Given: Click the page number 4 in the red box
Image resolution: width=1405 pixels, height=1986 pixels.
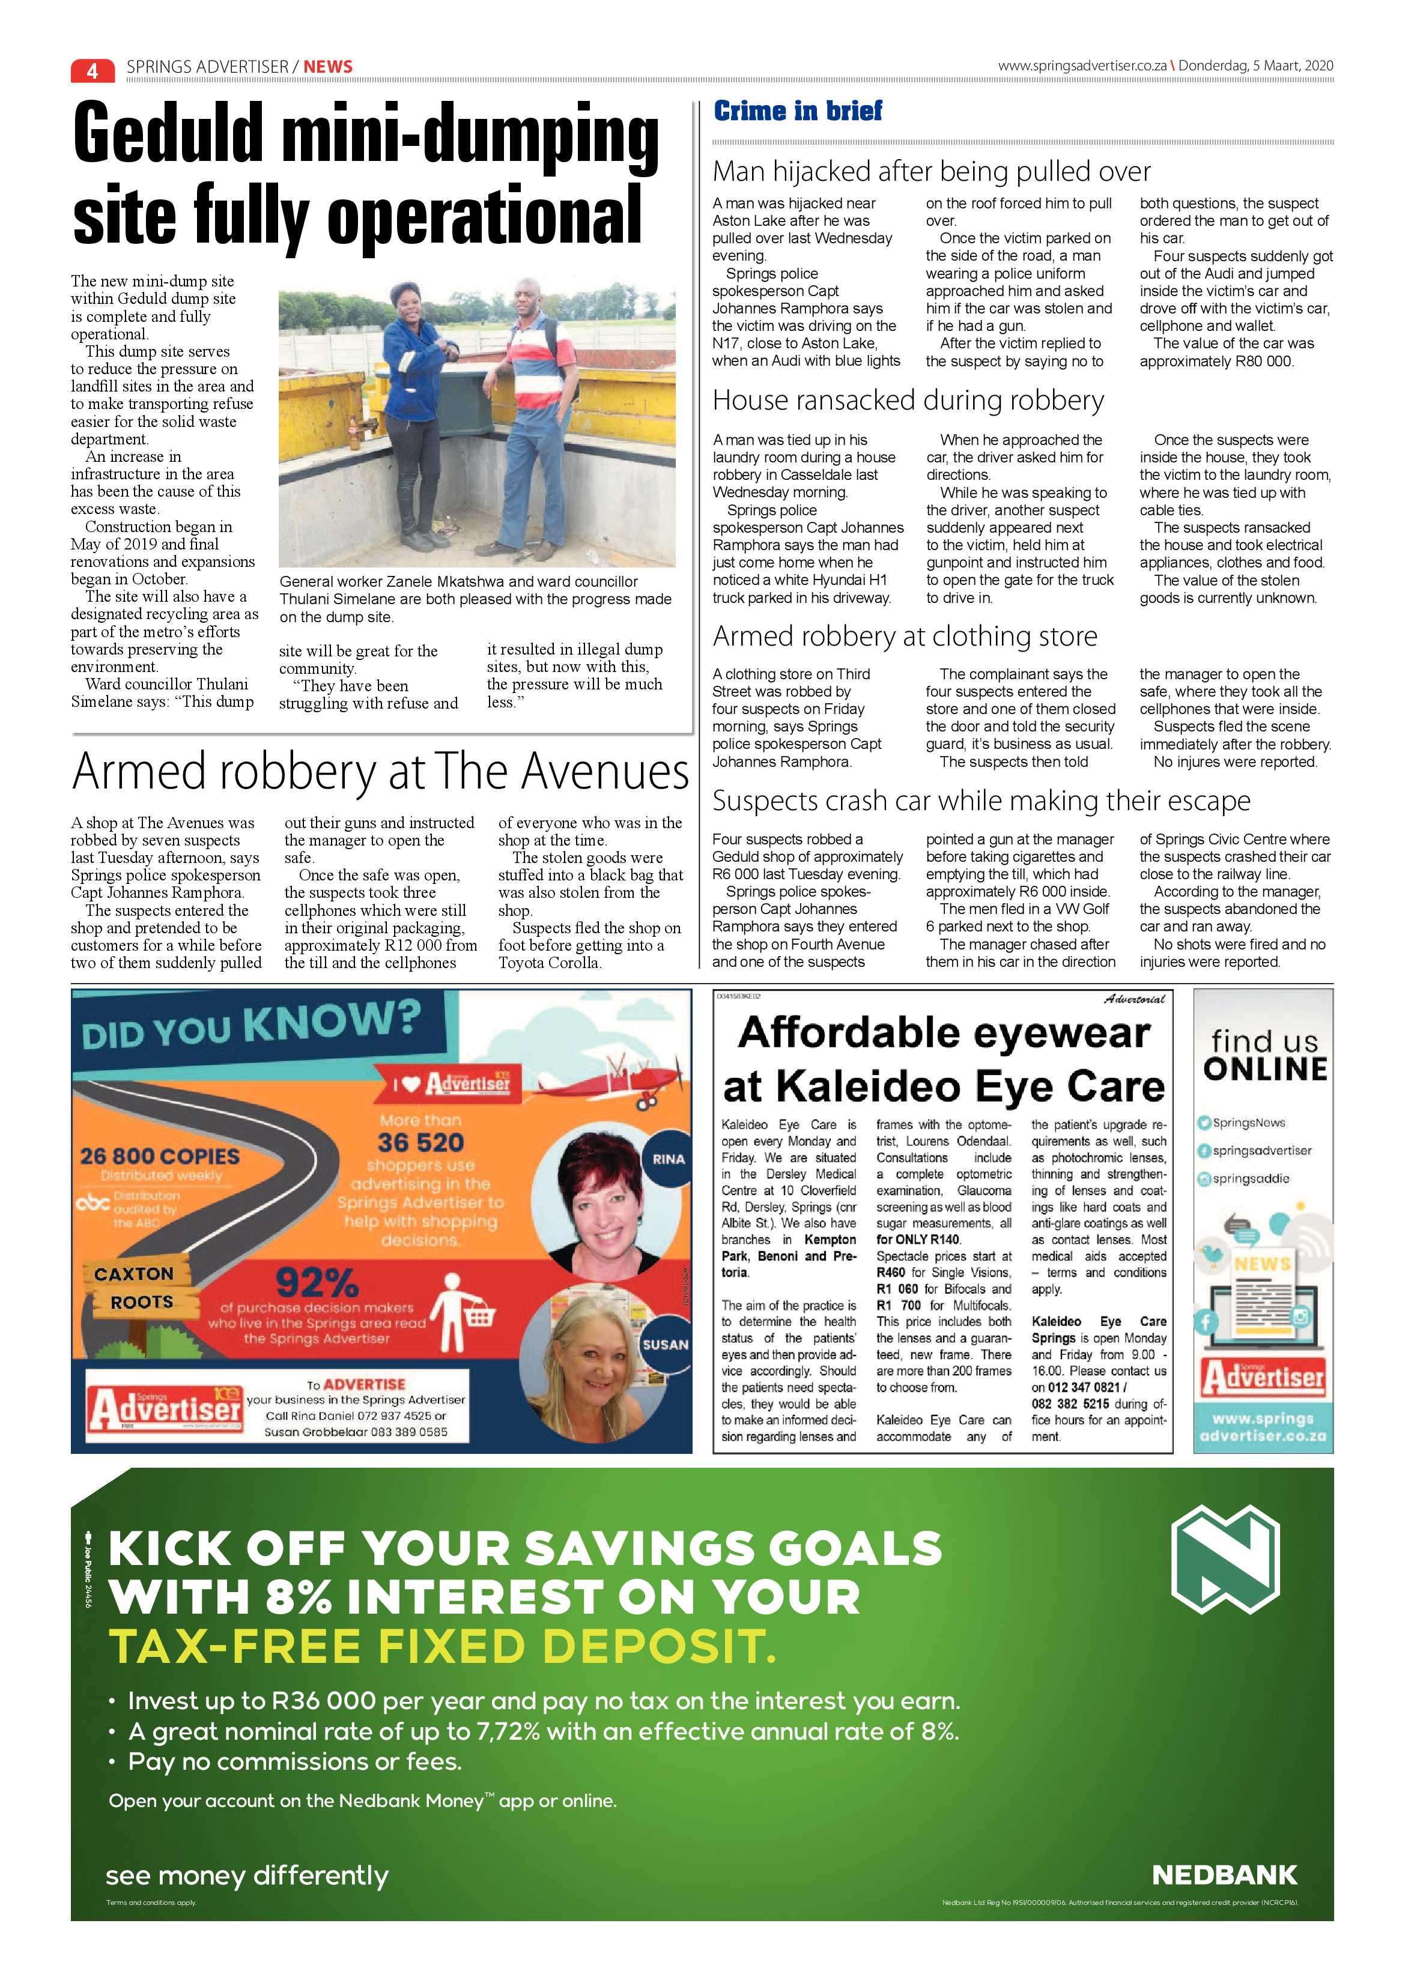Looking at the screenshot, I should (93, 69).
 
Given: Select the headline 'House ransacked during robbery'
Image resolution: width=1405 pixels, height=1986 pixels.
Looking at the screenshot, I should (908, 401).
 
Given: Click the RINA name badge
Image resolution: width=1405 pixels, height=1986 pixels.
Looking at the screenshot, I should (668, 1159).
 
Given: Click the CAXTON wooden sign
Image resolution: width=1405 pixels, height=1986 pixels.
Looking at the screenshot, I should (134, 1273).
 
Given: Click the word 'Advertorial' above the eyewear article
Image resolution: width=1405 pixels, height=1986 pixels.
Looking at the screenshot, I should (1134, 999).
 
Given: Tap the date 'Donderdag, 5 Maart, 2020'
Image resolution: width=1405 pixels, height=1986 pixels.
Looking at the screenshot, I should (1255, 65).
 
